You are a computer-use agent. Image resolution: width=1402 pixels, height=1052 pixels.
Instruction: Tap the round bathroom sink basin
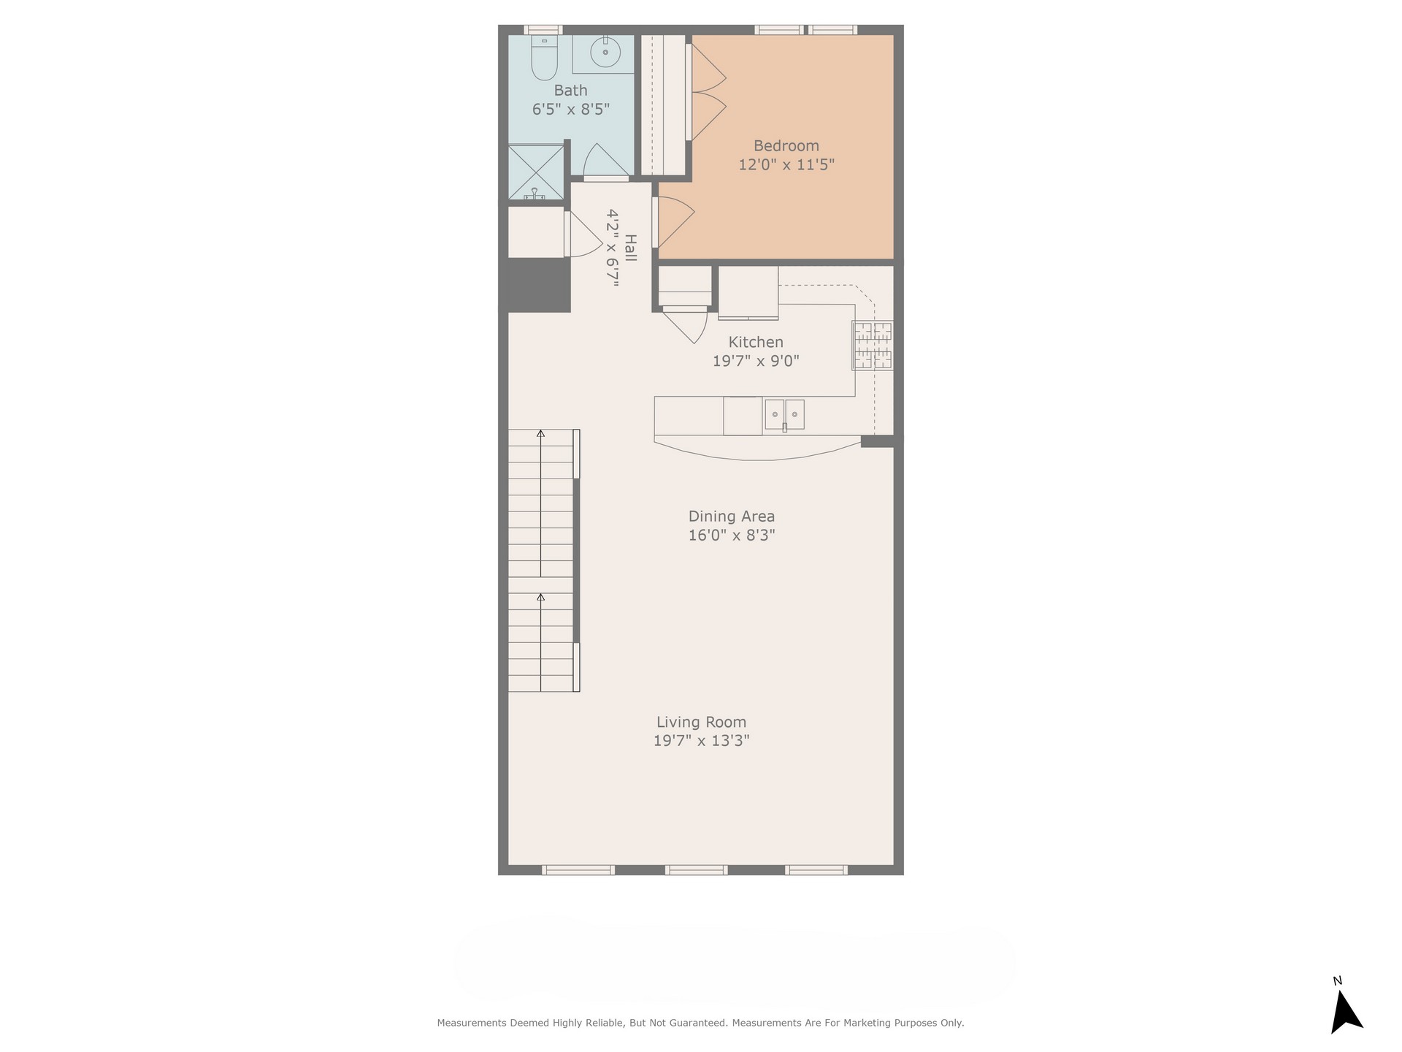coord(605,52)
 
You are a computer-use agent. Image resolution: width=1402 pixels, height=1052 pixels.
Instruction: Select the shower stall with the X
coord(537,172)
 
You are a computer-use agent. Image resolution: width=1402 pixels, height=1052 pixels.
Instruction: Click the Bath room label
coord(570,91)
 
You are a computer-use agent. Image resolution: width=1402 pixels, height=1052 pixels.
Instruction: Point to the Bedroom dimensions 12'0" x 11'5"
coord(786,164)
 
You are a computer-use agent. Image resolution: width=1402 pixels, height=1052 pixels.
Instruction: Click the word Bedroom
coord(786,145)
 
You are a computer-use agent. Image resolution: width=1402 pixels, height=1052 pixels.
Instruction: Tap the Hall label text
coord(630,248)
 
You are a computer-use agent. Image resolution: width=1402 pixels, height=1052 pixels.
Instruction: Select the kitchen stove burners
coord(873,345)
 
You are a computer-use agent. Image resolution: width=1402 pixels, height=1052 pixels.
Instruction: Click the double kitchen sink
coord(784,414)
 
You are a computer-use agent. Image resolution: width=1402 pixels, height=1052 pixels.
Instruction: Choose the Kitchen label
coord(756,342)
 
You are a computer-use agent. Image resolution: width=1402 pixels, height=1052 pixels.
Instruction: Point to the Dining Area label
coord(732,516)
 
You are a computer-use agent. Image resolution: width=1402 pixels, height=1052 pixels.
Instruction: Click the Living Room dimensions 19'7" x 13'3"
coord(702,741)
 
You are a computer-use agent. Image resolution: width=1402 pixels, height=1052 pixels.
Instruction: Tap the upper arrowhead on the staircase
coord(540,433)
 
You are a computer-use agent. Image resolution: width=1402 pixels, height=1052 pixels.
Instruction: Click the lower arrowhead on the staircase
coord(540,597)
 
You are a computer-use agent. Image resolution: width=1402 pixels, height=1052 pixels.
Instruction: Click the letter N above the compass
coord(1338,981)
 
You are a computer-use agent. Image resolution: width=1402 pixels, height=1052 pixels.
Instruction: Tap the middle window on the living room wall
coord(696,870)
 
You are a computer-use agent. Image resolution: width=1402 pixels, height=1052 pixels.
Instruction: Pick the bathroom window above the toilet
coord(543,30)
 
